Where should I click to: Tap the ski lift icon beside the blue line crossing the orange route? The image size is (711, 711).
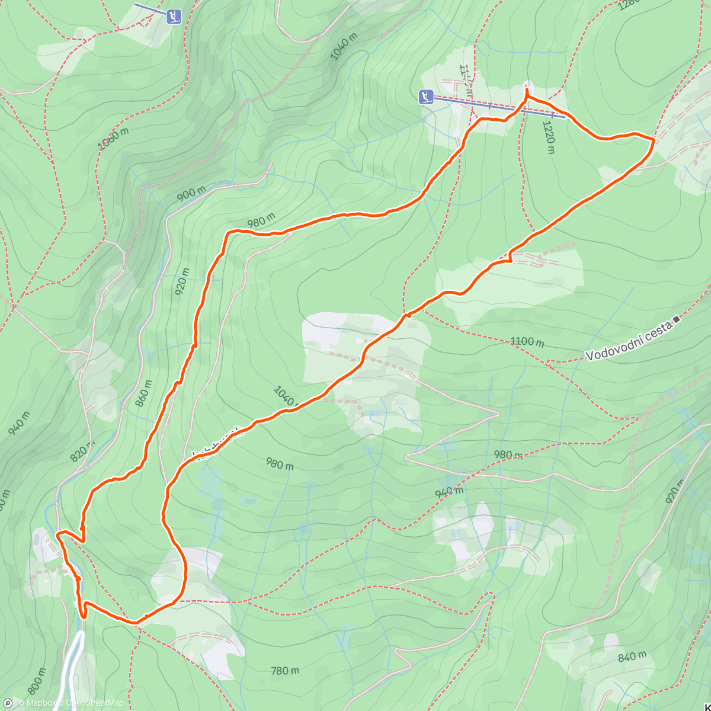[426, 96]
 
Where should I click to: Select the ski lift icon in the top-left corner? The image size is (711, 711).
[173, 16]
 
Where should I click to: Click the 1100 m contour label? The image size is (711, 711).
[527, 342]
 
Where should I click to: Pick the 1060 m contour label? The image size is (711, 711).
[113, 140]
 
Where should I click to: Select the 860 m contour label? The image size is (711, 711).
[143, 393]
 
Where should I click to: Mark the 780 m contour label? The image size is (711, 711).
[285, 671]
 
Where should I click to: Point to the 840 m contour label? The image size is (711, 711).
[632, 656]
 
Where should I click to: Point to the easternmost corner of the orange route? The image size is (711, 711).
[654, 140]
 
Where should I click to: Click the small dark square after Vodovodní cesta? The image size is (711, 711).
[677, 319]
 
